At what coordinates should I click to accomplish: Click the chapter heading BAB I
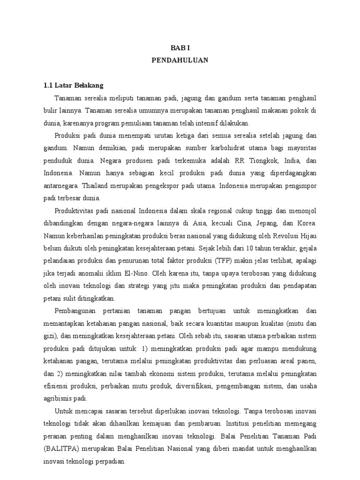pyautogui.click(x=180, y=47)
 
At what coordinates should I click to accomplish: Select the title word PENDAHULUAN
pyautogui.click(x=180, y=60)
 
